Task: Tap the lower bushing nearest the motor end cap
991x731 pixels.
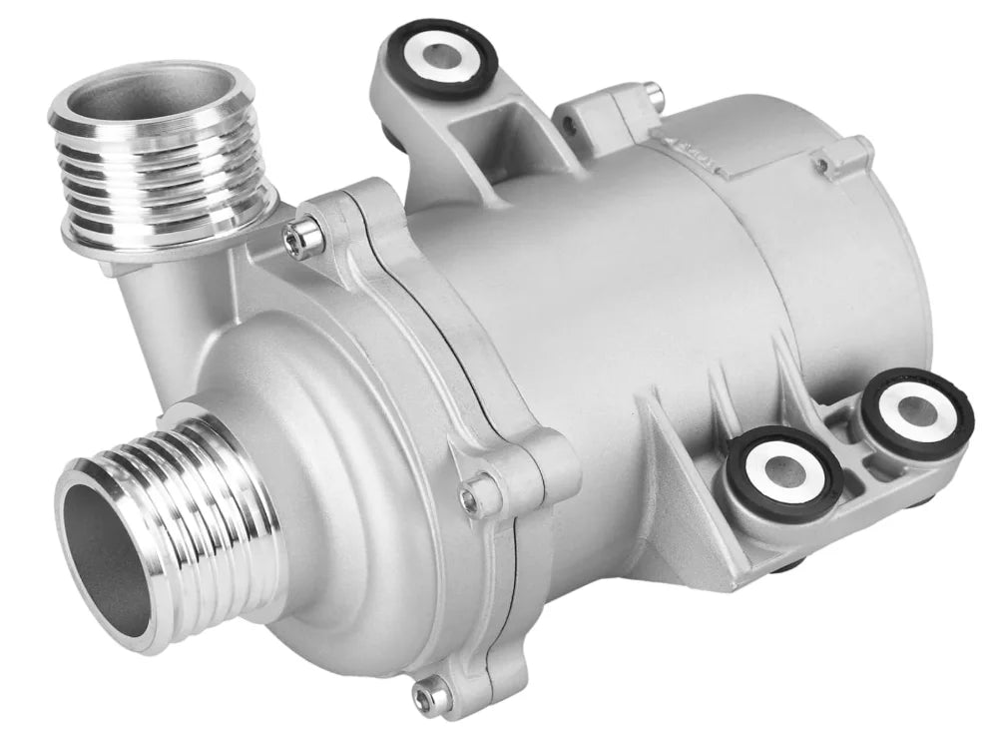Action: click(x=916, y=412)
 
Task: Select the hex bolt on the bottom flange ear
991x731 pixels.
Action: click(x=435, y=688)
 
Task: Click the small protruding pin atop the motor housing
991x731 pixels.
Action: click(x=652, y=92)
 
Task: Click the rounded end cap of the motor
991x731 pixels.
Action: click(x=878, y=270)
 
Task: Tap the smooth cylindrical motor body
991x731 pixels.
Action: click(x=619, y=300)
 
